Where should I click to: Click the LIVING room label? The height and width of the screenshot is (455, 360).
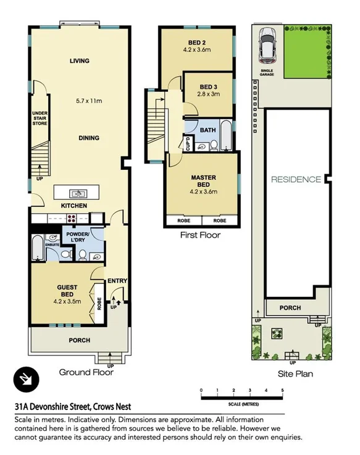[79, 61]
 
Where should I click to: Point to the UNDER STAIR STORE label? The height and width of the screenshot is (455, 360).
[40, 118]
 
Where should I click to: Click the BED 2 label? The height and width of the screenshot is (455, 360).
[196, 43]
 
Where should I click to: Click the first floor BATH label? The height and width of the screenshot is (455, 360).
[207, 130]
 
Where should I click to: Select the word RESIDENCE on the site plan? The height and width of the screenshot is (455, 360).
[296, 180]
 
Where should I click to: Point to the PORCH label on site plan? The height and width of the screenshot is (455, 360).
[290, 307]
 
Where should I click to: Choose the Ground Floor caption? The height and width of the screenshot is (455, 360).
[86, 372]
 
